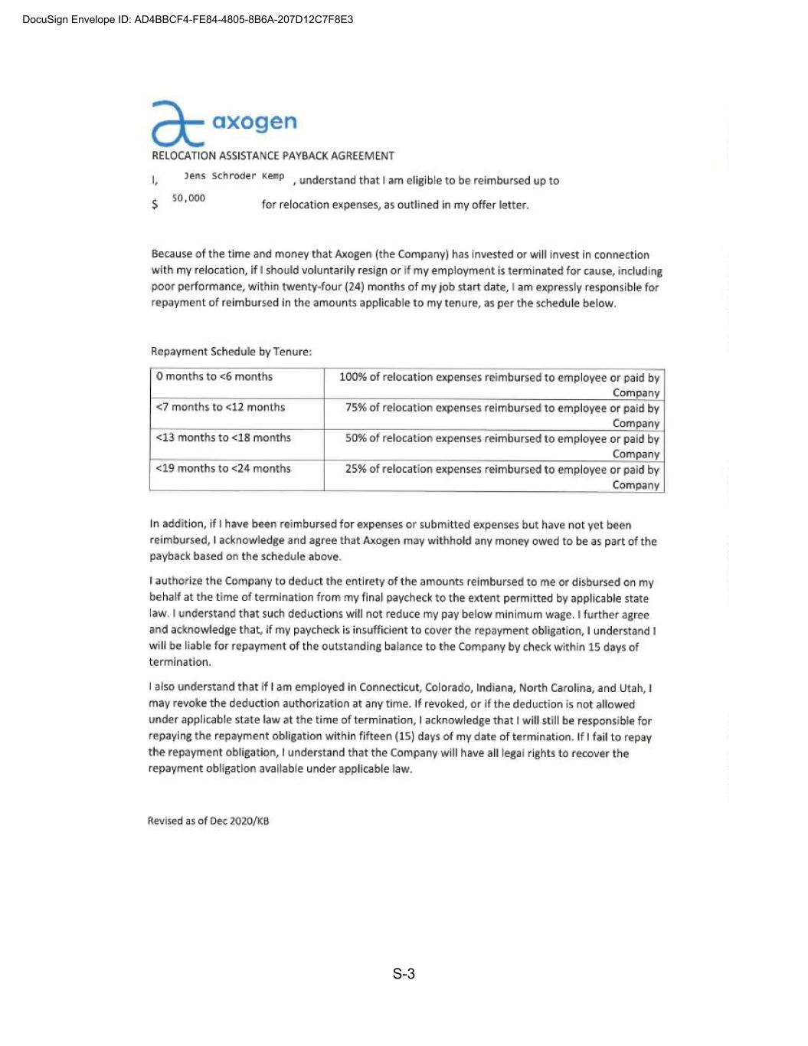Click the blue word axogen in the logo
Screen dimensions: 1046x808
click(x=254, y=122)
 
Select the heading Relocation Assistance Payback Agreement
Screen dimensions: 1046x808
click(x=273, y=156)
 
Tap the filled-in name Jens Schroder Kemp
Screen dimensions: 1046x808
click(x=234, y=176)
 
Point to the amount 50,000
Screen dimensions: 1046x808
click(x=188, y=198)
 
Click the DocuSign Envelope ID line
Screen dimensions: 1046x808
click(x=188, y=19)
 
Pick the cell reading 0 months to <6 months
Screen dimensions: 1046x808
click(x=214, y=376)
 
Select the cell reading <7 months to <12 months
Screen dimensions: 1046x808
click(x=221, y=407)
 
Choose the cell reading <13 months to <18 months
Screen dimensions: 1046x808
click(x=224, y=438)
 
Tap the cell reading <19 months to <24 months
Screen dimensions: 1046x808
click(x=224, y=468)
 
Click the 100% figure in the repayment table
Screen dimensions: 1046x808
click(x=352, y=377)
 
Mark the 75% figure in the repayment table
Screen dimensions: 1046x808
click(x=355, y=408)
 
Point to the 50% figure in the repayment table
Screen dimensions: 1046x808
click(x=355, y=438)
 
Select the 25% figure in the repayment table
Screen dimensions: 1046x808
click(x=355, y=469)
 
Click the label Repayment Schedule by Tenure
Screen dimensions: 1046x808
click(x=231, y=352)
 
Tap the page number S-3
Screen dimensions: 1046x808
click(x=404, y=974)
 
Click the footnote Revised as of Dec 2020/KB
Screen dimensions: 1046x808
click(x=208, y=821)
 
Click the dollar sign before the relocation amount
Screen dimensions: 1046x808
click(x=155, y=205)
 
